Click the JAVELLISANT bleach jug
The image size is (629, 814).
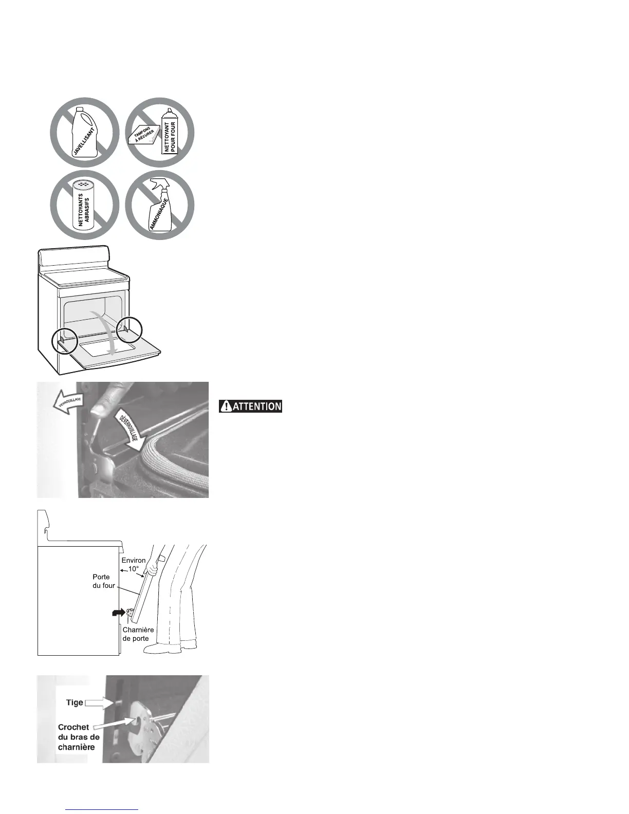(85, 132)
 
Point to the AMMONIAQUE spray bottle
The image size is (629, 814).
(163, 209)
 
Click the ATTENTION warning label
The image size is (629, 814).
(251, 406)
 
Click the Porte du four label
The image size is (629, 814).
(104, 581)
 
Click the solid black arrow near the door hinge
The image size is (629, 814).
(118, 612)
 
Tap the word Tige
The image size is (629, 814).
(75, 702)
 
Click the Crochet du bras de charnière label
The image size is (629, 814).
(78, 737)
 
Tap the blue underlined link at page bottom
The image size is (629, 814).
(102, 809)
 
